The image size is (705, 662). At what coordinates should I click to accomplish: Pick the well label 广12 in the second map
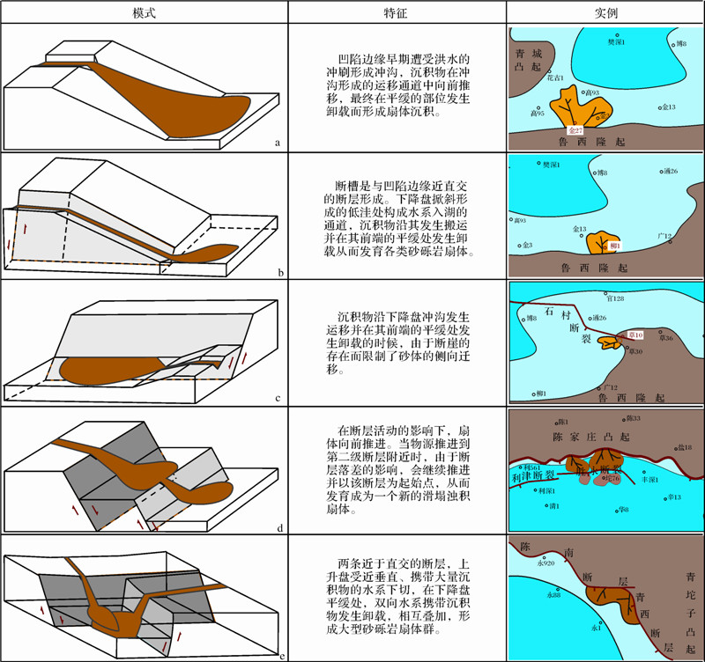[665, 236]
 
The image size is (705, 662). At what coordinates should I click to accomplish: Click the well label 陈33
[633, 418]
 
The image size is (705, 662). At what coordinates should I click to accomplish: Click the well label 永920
[545, 563]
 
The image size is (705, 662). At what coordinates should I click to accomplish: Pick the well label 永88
[553, 596]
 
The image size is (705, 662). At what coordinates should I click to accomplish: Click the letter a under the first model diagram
[277, 141]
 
